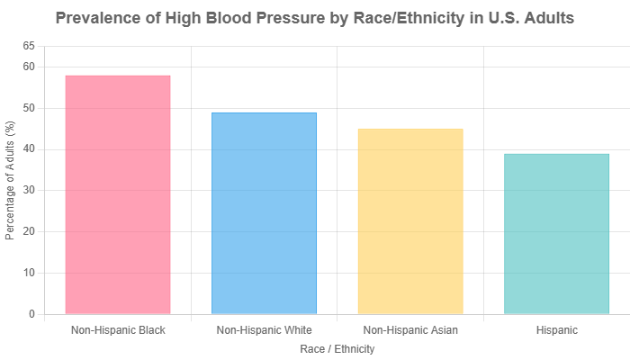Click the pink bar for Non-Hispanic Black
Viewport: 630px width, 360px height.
[x=118, y=193]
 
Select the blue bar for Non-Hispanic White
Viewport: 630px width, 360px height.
[x=265, y=212]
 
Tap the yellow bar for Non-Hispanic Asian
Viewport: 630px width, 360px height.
[x=410, y=220]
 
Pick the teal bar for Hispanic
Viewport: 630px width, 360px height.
[x=556, y=233]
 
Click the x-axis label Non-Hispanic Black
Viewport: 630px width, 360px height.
[x=118, y=330]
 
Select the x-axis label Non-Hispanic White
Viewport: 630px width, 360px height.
[x=265, y=330]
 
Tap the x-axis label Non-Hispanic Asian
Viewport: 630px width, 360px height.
[x=410, y=330]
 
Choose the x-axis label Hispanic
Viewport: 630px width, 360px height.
[x=556, y=330]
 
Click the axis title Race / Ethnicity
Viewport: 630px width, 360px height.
[x=337, y=348]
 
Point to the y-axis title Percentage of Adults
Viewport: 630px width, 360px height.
[x=11, y=180]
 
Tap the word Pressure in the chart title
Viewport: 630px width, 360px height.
[x=261, y=18]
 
